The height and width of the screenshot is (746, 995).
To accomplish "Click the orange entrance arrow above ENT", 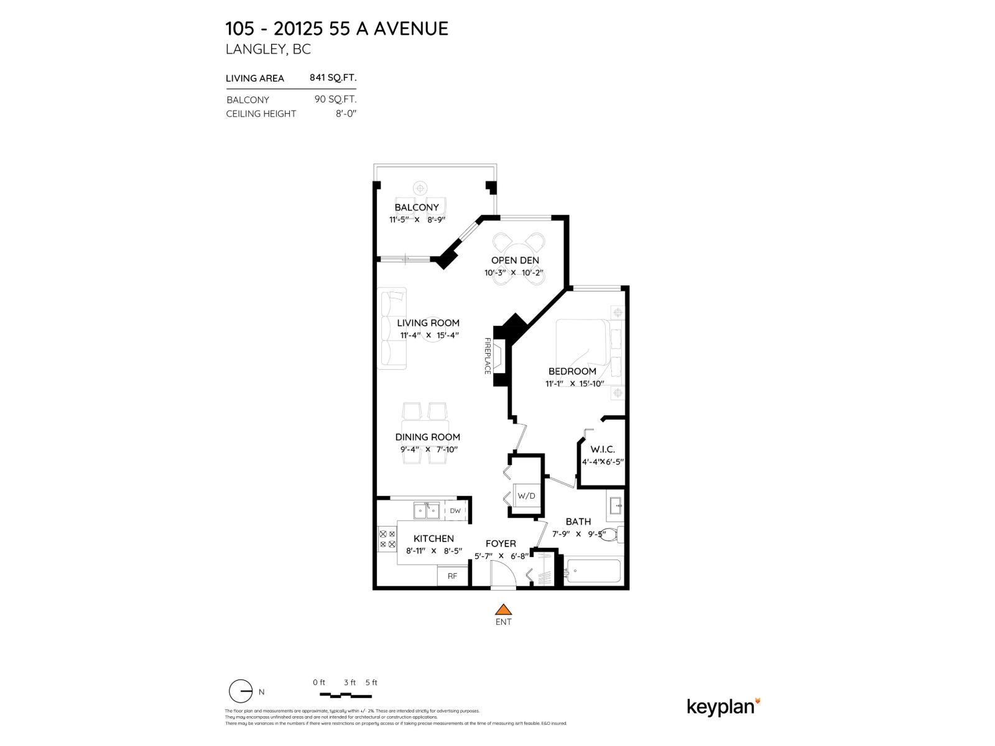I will pos(503,609).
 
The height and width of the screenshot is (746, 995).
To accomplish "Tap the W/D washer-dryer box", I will pos(526,495).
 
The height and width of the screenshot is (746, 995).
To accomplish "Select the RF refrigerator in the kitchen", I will pos(452,576).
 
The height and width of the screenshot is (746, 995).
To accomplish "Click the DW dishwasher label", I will pos(455,511).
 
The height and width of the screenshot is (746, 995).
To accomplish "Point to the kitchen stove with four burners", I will pos(387,539).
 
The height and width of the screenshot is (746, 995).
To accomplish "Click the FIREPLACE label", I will pos(488,356).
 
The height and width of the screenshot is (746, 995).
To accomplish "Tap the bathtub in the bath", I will pos(593,571).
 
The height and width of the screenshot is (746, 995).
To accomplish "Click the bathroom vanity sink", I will pos(616,505).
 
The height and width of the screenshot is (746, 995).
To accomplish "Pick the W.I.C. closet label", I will pos(603,449).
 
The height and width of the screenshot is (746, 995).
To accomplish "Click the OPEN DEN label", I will pos(515,260).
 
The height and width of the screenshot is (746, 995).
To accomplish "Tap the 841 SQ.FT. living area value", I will pos(333,78).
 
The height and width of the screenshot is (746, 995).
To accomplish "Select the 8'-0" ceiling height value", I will pos(346,114).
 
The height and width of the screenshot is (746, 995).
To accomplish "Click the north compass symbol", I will pos(241,691).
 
